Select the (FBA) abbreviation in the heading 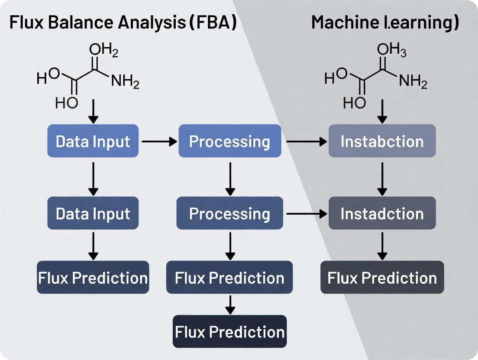coord(213,23)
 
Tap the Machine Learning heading coord(385,23)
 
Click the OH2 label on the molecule coord(103,51)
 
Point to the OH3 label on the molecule coord(391,51)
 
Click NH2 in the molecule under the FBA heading coord(125,80)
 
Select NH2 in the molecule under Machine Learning coord(413,80)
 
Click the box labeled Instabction coord(382,141)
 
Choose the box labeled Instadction coord(382,213)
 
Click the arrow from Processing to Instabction coord(305,141)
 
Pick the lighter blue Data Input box coord(93,141)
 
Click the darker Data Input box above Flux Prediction coord(93,213)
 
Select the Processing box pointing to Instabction coord(230,141)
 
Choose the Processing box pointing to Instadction coord(230,213)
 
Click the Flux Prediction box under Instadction coord(382,277)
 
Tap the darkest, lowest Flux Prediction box coord(230,331)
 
